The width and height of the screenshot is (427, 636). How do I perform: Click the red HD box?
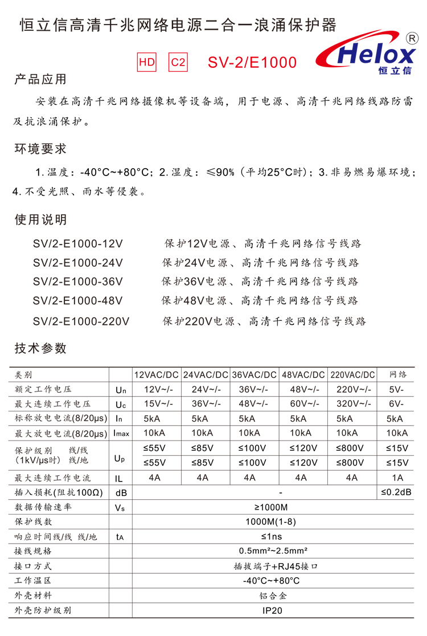(147, 62)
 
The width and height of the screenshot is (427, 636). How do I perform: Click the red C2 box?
(178, 62)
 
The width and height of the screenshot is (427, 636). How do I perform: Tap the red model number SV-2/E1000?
(252, 62)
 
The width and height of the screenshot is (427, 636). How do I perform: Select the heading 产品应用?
(40, 79)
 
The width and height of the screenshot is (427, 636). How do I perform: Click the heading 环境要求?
(40, 149)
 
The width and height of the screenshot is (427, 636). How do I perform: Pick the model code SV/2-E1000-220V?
(81, 321)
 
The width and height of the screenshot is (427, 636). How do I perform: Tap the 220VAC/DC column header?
(353, 375)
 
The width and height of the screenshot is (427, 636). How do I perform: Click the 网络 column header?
(398, 375)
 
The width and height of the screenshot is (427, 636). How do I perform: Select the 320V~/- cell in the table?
(353, 405)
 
